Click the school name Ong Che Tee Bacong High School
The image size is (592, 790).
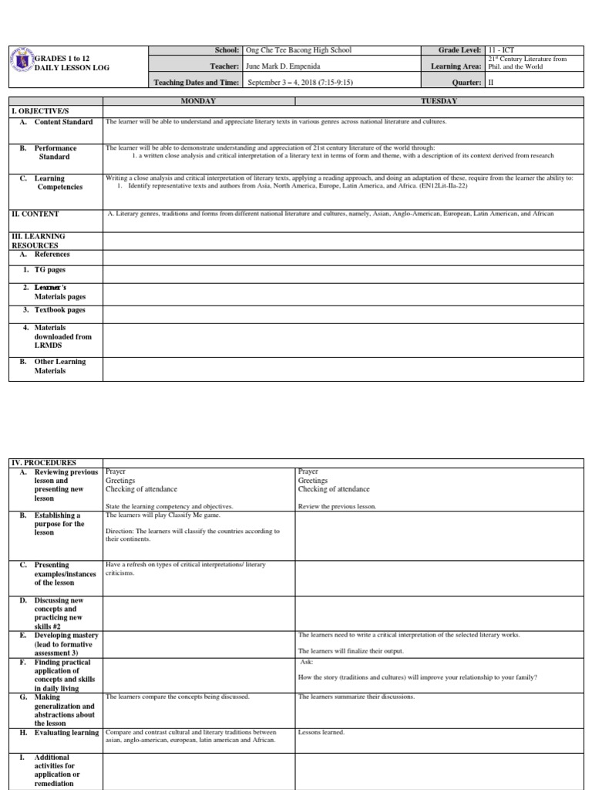pyautogui.click(x=298, y=50)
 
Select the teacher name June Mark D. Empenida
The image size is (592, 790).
pyautogui.click(x=283, y=66)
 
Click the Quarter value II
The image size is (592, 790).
pyautogui.click(x=491, y=83)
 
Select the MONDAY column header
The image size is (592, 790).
pyautogui.click(x=198, y=101)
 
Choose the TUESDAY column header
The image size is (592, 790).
pyautogui.click(x=439, y=101)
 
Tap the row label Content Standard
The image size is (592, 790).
pyautogui.click(x=63, y=122)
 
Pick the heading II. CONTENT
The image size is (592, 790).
pyautogui.click(x=35, y=214)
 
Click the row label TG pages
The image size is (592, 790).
pyautogui.click(x=50, y=270)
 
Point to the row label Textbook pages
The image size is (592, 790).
pyautogui.click(x=59, y=310)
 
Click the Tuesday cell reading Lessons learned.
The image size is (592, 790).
pyautogui.click(x=321, y=732)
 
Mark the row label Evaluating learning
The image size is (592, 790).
pyautogui.click(x=66, y=733)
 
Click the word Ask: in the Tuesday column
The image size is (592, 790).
pyautogui.click(x=308, y=662)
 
